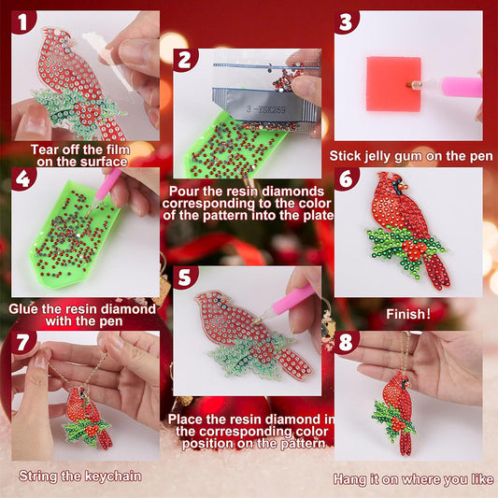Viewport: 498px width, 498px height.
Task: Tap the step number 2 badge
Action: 185,60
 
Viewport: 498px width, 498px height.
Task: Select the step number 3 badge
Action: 346,21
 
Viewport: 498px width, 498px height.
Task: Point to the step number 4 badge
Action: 22,178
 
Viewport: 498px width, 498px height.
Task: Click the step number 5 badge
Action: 184,277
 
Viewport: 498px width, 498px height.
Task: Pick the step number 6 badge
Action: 346,179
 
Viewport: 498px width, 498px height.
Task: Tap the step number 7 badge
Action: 22,342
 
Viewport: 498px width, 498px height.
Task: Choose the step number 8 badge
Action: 346,342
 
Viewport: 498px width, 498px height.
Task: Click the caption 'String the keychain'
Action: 80,476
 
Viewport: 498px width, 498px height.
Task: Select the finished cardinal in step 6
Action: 408,234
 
